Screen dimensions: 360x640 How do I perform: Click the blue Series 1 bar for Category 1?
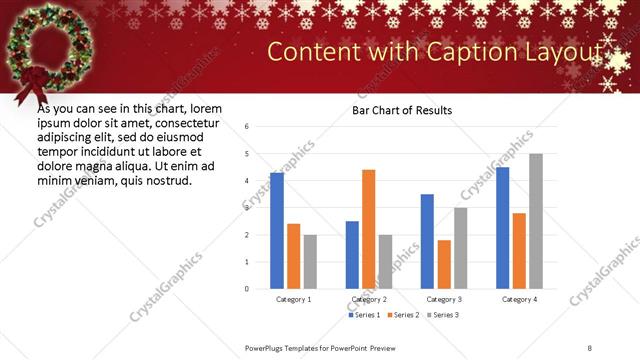point(277,231)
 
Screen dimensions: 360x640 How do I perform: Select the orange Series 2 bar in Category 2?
point(369,229)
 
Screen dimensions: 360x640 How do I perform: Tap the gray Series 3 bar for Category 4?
point(536,221)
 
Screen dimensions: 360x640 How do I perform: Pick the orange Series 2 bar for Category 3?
point(444,264)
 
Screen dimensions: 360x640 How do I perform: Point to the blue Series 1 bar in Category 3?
point(427,241)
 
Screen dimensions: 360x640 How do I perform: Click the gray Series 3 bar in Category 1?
point(310,262)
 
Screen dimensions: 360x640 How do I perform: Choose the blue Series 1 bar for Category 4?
point(502,228)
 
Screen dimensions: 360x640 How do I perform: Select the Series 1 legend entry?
point(364,315)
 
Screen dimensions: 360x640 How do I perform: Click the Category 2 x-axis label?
point(369,299)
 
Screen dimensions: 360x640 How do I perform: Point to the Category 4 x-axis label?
point(519,299)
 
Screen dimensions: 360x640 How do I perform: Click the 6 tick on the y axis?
point(246,126)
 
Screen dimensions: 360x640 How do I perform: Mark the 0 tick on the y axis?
point(246,289)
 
